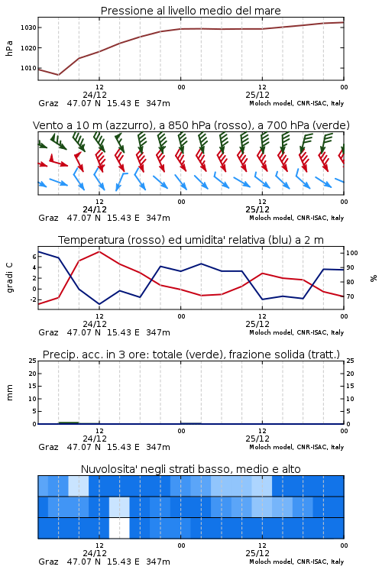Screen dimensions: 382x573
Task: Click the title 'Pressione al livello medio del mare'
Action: [190, 11]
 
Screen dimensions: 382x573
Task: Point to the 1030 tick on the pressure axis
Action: [28, 28]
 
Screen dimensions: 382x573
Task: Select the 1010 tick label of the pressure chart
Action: [28, 68]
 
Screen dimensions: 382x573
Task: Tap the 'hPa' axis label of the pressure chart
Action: [9, 48]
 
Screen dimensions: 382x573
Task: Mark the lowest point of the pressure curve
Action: [59, 75]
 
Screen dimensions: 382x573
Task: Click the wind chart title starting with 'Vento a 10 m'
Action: [191, 125]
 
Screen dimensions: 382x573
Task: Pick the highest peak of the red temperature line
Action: [99, 251]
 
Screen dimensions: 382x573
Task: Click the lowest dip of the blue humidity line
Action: [99, 304]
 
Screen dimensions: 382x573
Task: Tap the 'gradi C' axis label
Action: [10, 277]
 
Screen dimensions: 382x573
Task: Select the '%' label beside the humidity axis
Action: [374, 278]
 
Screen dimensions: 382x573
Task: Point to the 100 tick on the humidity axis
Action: [352, 253]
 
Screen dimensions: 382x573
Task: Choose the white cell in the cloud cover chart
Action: [119, 528]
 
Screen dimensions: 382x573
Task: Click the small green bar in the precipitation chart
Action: [69, 422]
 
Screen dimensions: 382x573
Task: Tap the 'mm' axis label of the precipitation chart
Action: [10, 393]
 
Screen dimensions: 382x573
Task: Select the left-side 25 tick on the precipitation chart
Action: [33, 361]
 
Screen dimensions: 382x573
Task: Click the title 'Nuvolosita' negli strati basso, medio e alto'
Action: [190, 469]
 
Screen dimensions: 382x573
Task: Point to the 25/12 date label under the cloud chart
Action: [257, 553]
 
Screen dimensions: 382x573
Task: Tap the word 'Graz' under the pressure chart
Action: [48, 103]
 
